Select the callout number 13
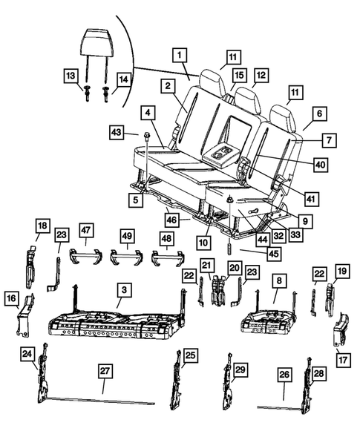pos(71,77)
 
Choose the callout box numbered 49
pos(128,237)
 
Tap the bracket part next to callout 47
pos(85,256)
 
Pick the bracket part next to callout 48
pos(168,258)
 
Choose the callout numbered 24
pos(27,354)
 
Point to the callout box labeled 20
pos(234,267)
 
